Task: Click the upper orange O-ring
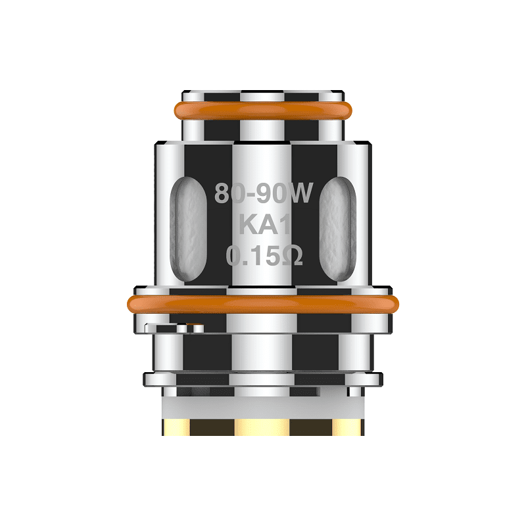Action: point(263,111)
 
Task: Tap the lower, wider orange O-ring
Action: point(263,304)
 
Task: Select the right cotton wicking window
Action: point(340,224)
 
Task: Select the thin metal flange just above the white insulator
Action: point(263,379)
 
